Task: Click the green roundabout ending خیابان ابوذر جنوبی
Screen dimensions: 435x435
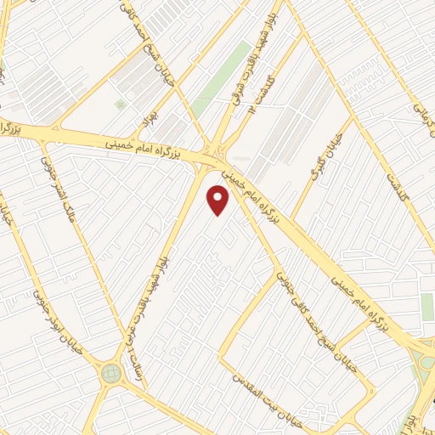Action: click(110, 372)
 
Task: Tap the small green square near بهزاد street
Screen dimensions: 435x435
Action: click(120, 104)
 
